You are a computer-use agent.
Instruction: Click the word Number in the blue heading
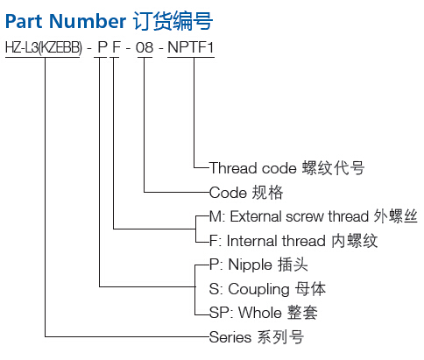[88, 21]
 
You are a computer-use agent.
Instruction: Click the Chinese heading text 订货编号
[173, 21]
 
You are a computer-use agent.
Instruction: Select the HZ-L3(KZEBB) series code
[44, 47]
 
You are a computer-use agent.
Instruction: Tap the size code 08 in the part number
[145, 47]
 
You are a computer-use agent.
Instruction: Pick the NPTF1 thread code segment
[191, 47]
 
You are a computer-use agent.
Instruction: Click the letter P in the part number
[102, 47]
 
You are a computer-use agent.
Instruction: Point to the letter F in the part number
[117, 47]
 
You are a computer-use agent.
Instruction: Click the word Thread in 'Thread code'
[233, 168]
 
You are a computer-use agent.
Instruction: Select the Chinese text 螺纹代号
[333, 168]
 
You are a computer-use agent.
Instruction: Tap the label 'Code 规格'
[246, 193]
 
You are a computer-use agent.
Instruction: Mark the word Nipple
[250, 265]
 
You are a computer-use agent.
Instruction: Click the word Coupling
[258, 289]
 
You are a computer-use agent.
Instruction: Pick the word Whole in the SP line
[260, 313]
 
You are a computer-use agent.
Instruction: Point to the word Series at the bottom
[230, 337]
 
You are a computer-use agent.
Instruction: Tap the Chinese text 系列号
[280, 337]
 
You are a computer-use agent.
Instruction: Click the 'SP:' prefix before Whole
[221, 313]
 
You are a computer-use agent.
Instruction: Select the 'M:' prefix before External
[217, 216]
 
